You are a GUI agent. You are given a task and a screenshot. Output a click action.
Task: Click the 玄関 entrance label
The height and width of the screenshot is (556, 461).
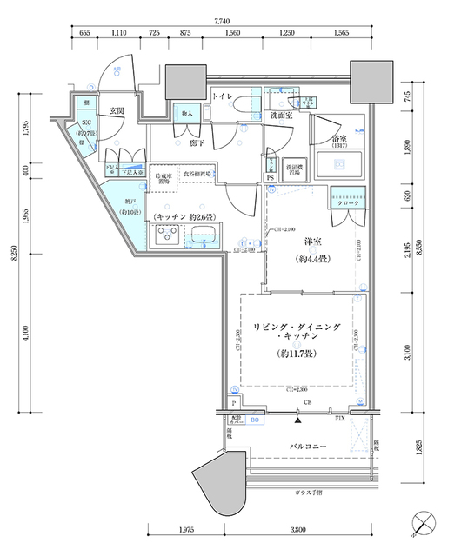point(115,110)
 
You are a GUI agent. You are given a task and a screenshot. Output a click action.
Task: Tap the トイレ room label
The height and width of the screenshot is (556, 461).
point(221,96)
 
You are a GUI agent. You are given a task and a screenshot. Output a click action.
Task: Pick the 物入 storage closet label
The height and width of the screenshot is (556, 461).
point(186,114)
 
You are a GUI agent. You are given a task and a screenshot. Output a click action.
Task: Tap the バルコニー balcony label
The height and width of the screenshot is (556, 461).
point(303,446)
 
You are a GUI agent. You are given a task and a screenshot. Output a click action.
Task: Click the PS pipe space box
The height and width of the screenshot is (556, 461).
point(271,179)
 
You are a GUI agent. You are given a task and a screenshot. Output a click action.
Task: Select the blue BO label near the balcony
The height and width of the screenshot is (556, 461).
point(254,420)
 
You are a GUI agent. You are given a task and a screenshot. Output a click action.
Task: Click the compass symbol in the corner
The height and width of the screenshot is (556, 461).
point(424,524)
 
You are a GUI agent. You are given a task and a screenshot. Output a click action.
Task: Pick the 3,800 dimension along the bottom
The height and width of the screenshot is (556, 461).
point(298,529)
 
